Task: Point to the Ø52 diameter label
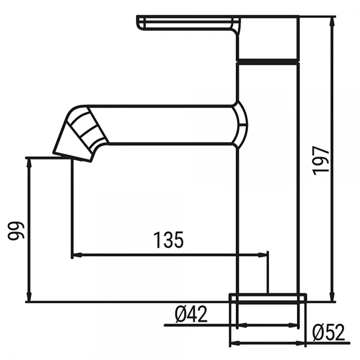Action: coord(329,332)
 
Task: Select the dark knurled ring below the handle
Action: coord(268,60)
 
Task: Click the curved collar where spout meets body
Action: coord(240,124)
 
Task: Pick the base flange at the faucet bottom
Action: coord(268,298)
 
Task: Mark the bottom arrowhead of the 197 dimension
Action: coord(332,298)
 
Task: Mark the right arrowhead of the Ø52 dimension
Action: coord(303,344)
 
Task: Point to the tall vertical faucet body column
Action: coord(268,180)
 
